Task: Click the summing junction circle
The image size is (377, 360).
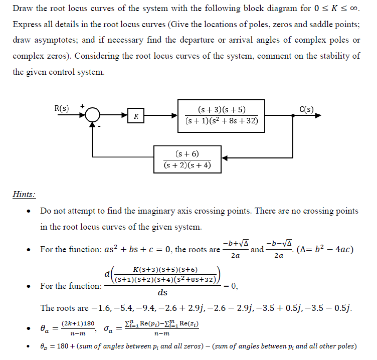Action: [x=92, y=116]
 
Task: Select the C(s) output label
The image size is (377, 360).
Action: [x=306, y=109]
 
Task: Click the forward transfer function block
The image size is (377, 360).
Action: [x=222, y=116]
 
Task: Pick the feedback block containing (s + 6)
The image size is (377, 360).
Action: [x=187, y=159]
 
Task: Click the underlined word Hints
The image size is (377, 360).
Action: [x=24, y=194]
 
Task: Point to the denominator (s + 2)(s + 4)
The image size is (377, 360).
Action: [x=187, y=165]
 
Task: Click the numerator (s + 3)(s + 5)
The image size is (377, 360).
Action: [x=222, y=110]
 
